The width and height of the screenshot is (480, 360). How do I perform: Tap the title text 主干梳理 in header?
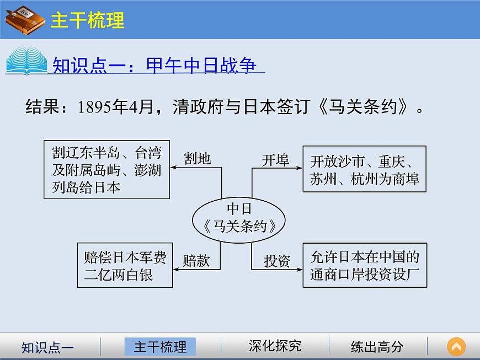(87, 20)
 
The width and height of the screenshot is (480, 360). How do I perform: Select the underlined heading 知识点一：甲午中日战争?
(154, 66)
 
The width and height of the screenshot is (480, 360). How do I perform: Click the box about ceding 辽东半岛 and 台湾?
(106, 170)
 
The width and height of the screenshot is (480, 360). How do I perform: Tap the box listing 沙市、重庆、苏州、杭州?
(365, 170)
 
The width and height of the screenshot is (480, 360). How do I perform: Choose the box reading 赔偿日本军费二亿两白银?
(125, 265)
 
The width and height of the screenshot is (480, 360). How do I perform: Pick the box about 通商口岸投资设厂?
(365, 265)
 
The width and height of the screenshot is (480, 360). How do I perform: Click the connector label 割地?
(197, 159)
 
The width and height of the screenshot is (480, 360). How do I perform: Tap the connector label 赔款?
(196, 261)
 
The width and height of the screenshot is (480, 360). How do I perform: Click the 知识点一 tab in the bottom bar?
(47, 347)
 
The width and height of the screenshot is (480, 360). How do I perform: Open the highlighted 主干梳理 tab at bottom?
(161, 347)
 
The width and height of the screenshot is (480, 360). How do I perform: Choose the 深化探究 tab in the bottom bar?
(275, 346)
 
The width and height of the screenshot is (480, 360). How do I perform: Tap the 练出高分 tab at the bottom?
(377, 347)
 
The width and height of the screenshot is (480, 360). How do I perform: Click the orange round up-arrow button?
(456, 347)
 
